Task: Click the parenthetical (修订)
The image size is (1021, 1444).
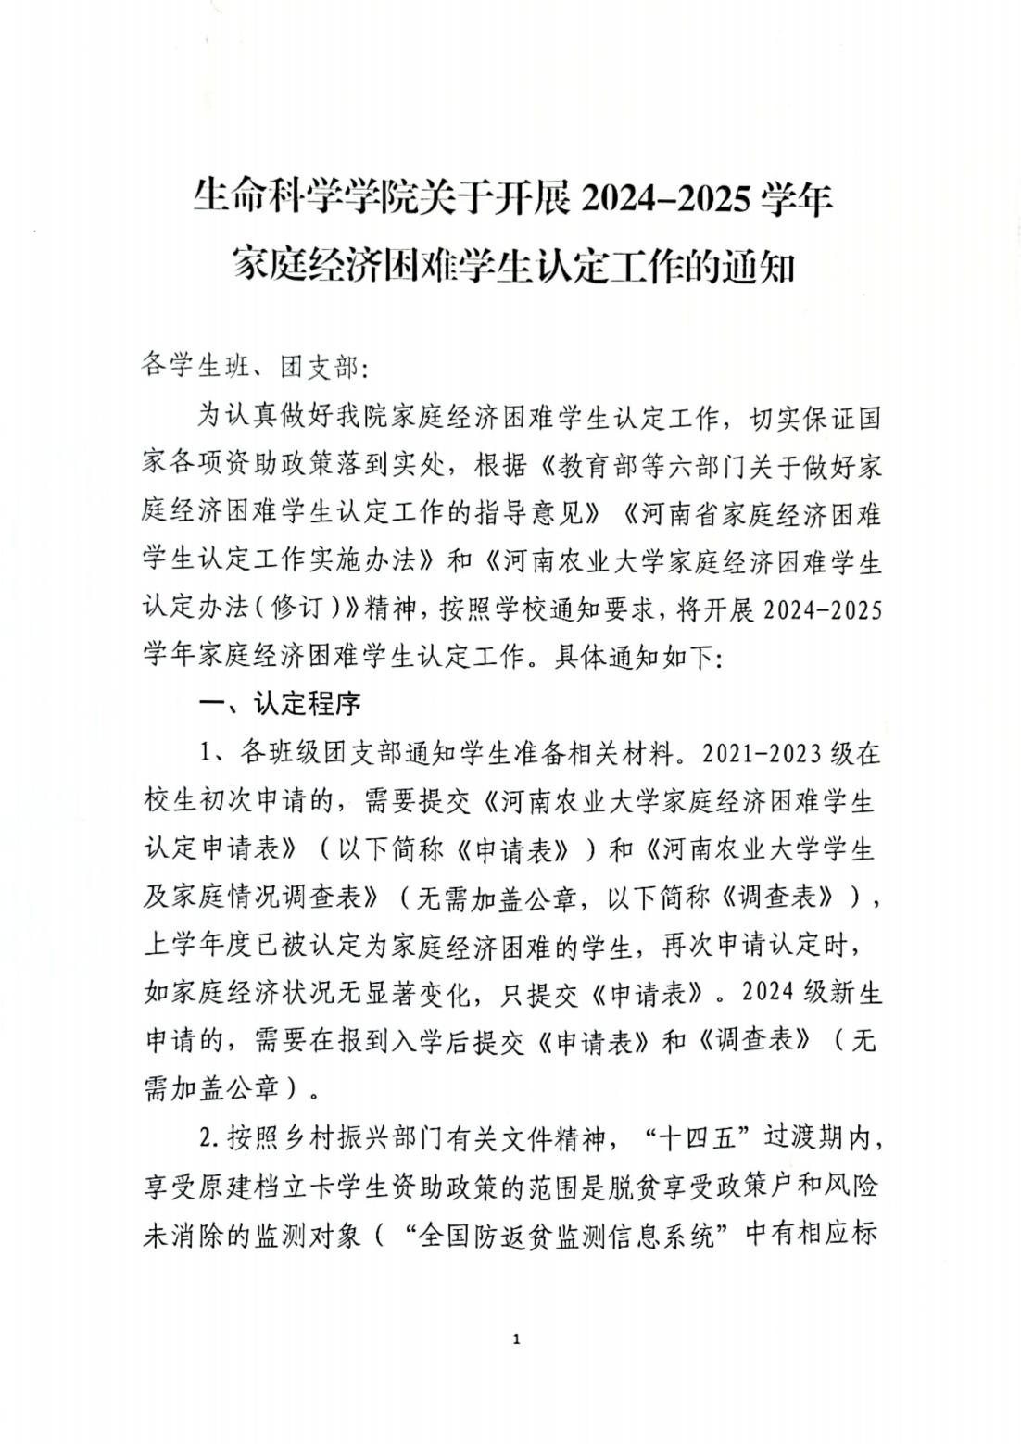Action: point(298,610)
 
